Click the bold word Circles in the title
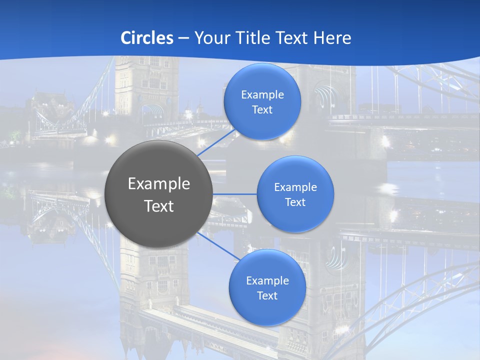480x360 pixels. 146,38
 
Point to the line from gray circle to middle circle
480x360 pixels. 235,194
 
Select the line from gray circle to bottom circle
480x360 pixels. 217,245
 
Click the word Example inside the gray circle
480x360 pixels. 159,184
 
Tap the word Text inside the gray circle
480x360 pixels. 159,206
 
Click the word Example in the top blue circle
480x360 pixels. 262,95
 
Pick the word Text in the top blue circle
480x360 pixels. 262,110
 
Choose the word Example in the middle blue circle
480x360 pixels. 295,187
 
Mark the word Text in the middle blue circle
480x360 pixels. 295,202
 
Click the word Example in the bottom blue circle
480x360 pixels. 267,281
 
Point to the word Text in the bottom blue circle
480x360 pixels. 267,296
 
